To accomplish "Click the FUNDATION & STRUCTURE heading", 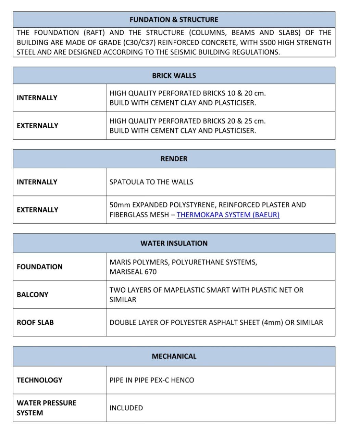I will coord(174,20).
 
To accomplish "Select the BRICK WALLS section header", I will coord(174,76).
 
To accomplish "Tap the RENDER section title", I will coord(174,159).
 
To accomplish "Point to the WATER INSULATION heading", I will coord(174,243).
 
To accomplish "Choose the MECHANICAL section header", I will coord(174,356).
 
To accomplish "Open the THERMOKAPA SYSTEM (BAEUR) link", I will coord(228,215).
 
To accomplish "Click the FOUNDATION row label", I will coord(39,267).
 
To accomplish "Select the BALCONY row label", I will coord(32,295).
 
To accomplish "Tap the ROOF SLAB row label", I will coord(35,322).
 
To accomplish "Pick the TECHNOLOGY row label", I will coord(39,380).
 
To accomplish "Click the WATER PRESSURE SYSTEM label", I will coord(46,408).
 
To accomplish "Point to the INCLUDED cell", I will coord(126,408).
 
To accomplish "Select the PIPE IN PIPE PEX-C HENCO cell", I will coord(151,380).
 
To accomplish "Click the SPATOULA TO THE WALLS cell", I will coord(151,182).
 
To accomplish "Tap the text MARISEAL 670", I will coord(133,272).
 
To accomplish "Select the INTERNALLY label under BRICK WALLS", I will coord(37,98).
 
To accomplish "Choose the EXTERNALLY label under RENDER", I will coord(37,210).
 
